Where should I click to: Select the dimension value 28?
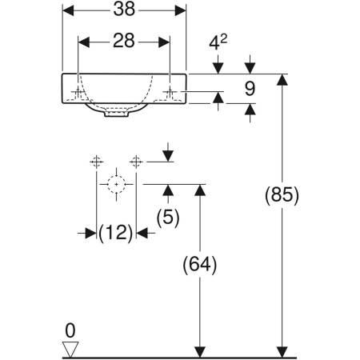[x=125, y=41]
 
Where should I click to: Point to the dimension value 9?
[x=250, y=89]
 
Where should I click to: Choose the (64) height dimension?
[x=201, y=264]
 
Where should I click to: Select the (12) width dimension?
[x=117, y=233]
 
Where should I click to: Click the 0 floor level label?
[x=70, y=329]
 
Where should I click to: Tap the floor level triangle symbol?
[x=71, y=348]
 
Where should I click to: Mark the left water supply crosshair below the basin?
[x=96, y=161]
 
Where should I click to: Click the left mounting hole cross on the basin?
[x=78, y=93]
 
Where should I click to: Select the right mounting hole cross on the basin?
[x=170, y=93]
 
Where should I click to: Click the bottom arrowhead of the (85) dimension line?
[x=282, y=351]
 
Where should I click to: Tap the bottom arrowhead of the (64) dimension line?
[x=202, y=351]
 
